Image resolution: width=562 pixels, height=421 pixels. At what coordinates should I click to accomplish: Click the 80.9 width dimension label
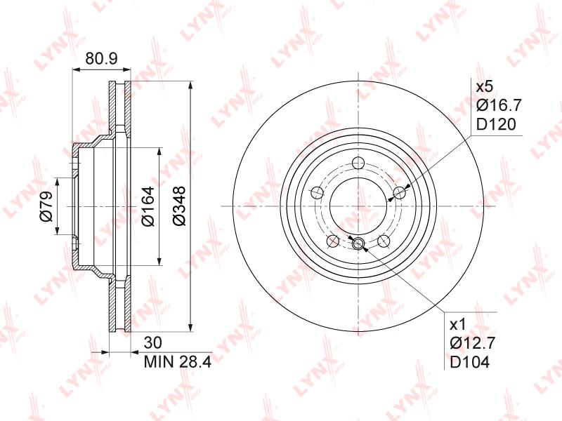tap(101, 58)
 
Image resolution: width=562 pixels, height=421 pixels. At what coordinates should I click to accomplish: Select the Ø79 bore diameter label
tap(46, 206)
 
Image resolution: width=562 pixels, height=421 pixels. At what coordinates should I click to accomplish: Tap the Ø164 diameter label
tap(148, 206)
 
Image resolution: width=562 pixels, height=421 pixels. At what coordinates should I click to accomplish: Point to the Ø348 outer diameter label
tap(179, 206)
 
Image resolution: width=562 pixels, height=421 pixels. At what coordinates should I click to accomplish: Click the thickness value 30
tap(153, 343)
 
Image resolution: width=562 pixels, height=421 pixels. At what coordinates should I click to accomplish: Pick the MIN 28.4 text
tap(178, 362)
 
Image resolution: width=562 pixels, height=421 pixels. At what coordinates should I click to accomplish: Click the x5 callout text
tap(485, 86)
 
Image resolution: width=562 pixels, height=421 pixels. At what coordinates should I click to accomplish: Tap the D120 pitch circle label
tap(496, 125)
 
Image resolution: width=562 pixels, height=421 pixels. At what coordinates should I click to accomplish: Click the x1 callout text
tap(458, 325)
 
